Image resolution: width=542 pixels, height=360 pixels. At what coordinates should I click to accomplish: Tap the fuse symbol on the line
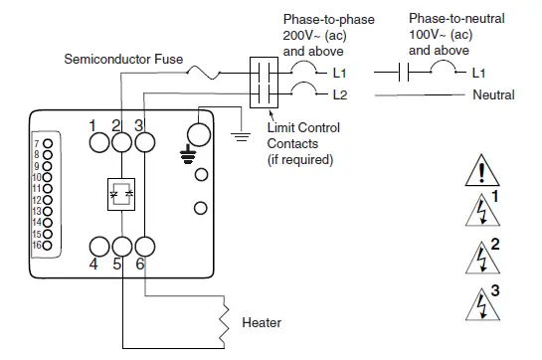[x=212, y=72]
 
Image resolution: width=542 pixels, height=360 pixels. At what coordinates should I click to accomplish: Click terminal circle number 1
[x=98, y=142]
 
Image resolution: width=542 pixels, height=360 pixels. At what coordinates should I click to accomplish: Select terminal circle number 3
[x=144, y=142]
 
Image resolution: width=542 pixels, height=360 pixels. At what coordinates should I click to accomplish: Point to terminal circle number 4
[x=98, y=246]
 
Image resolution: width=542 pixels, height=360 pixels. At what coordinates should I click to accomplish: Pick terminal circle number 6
[x=144, y=246]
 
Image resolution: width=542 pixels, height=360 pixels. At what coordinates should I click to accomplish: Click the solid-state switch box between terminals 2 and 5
[x=121, y=194]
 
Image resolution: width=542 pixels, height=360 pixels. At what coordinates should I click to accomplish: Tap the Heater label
[x=263, y=323]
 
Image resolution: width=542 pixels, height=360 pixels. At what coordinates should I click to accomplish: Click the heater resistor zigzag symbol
[x=225, y=317]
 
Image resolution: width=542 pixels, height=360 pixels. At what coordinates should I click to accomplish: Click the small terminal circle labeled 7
[x=45, y=144]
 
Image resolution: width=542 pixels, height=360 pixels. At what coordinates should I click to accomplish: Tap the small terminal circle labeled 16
[x=45, y=245]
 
